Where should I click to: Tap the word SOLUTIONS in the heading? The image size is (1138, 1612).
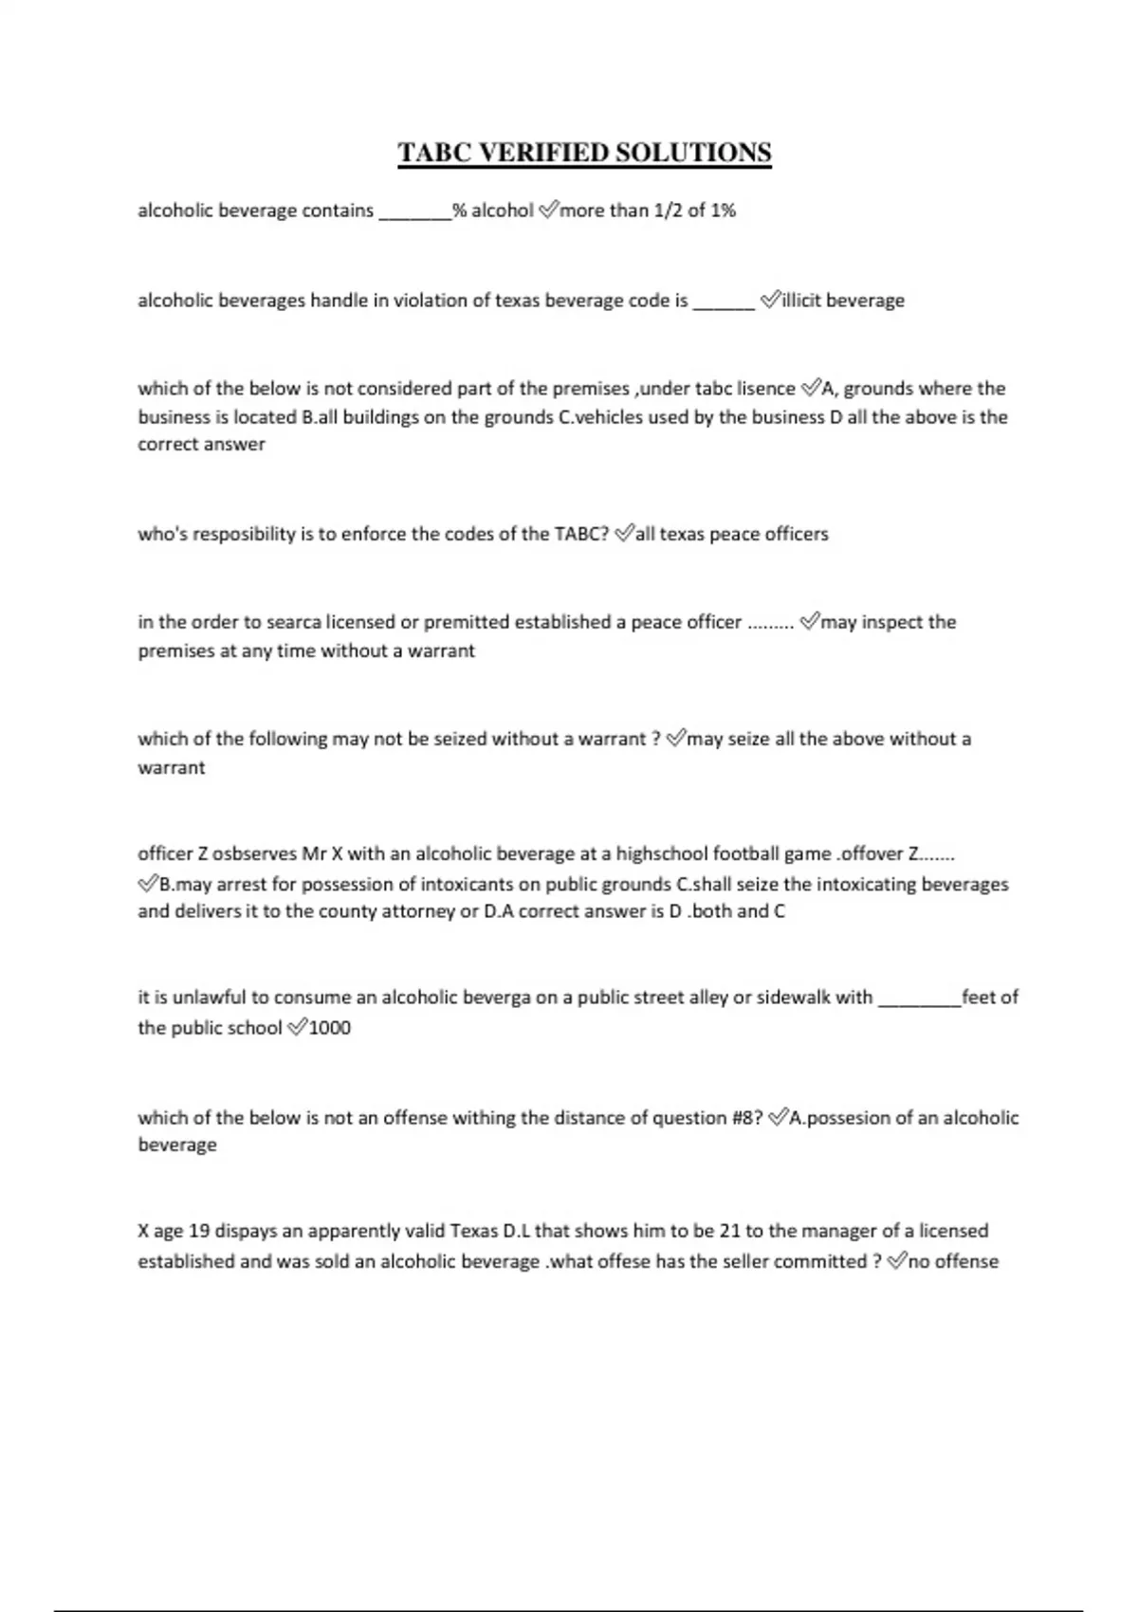click(x=694, y=153)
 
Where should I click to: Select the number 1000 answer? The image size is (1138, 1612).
click(x=330, y=1028)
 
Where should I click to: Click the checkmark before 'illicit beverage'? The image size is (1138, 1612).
click(x=770, y=301)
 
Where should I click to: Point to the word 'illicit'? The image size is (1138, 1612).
click(x=801, y=301)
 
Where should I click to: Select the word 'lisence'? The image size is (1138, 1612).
click(x=765, y=389)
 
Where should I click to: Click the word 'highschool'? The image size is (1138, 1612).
click(x=662, y=853)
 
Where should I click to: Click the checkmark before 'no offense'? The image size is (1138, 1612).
click(x=897, y=1261)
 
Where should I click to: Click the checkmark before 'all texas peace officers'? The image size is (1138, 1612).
click(x=624, y=534)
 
